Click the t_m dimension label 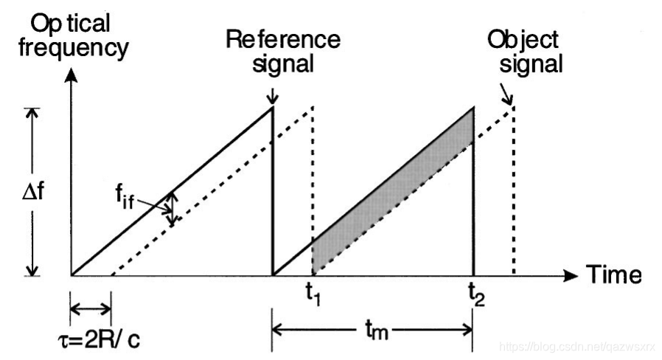click(x=375, y=330)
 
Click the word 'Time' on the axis click(x=614, y=275)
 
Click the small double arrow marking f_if click(x=171, y=209)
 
